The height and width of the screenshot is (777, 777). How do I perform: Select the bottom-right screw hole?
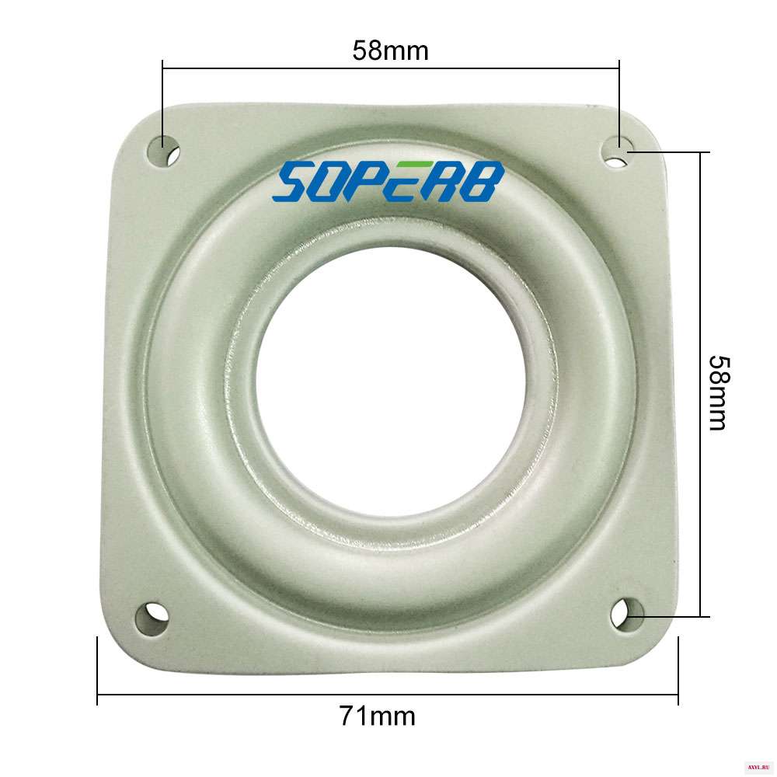[x=628, y=615]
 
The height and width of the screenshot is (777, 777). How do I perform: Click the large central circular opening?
[x=391, y=382]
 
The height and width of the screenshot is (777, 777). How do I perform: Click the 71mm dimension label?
[x=377, y=716]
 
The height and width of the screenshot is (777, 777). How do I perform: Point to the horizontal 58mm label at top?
[x=391, y=51]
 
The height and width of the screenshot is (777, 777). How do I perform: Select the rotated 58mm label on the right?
[x=719, y=393]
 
